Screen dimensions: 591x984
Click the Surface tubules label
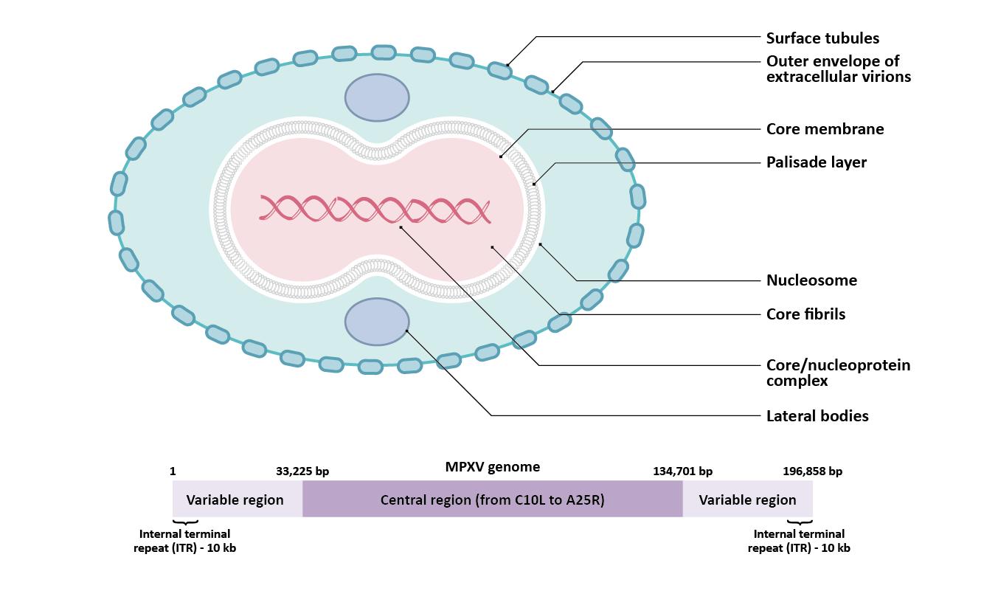(x=822, y=38)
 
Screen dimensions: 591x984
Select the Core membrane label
(x=825, y=129)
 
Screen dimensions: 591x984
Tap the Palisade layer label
(x=816, y=162)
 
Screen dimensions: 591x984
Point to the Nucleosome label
(x=811, y=280)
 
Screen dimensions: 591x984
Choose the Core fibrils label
(x=805, y=314)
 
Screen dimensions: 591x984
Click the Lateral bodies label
(x=817, y=416)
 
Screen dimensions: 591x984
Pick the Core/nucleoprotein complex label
(x=838, y=373)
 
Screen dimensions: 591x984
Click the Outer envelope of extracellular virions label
(x=838, y=69)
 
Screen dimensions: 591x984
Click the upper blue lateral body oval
(x=377, y=97)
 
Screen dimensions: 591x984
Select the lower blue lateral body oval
(x=377, y=322)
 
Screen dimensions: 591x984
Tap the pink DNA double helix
(x=375, y=210)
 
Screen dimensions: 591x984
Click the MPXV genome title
(x=492, y=467)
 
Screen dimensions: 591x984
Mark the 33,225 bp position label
(x=302, y=471)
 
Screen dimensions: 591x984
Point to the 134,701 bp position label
(x=682, y=471)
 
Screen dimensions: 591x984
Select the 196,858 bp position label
(x=812, y=471)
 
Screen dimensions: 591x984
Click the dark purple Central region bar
(x=492, y=500)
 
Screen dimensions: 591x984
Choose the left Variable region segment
(x=235, y=500)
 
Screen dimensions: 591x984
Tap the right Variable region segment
(x=747, y=500)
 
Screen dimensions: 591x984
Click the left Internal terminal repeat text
(x=184, y=541)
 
